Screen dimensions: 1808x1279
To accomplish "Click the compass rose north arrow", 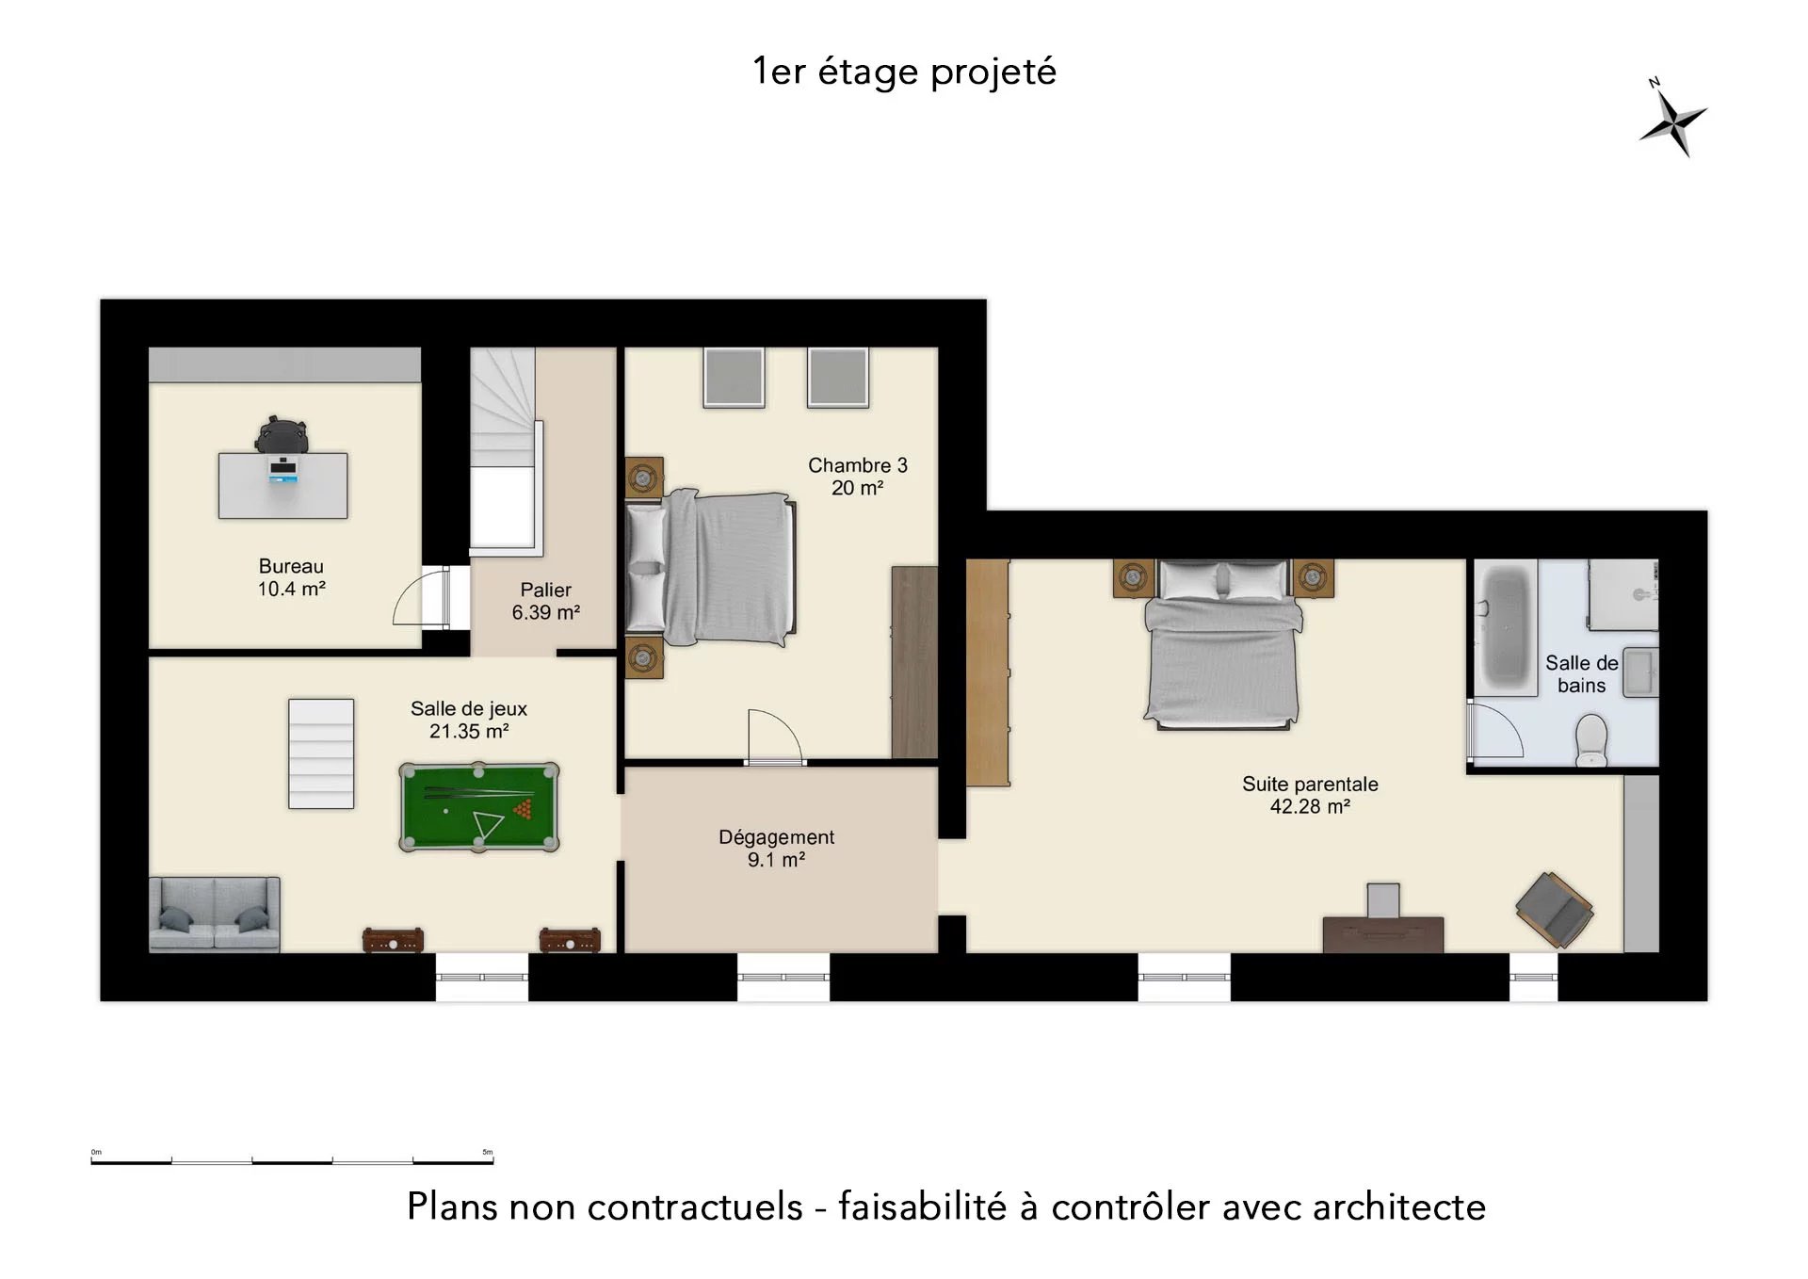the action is click(1672, 122).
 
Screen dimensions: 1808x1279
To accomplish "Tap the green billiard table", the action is click(479, 807).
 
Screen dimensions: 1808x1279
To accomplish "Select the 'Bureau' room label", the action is click(291, 566).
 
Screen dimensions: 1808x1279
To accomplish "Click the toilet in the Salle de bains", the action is click(1591, 740).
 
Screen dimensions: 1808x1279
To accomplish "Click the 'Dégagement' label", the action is click(776, 837).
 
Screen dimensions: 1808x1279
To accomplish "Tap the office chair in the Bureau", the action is click(282, 435).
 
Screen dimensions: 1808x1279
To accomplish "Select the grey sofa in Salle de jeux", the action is click(215, 914).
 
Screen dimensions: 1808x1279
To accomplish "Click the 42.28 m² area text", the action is click(1310, 807).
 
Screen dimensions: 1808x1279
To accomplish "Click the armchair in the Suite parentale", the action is click(1554, 909).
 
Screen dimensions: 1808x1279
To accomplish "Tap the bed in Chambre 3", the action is click(711, 568).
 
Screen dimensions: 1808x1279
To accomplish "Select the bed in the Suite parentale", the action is click(1222, 644).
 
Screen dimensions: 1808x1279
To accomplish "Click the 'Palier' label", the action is click(546, 590).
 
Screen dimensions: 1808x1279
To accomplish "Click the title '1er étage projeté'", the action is click(904, 72).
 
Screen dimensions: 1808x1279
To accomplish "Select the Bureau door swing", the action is click(421, 597).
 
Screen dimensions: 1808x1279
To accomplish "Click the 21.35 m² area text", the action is click(469, 732).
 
